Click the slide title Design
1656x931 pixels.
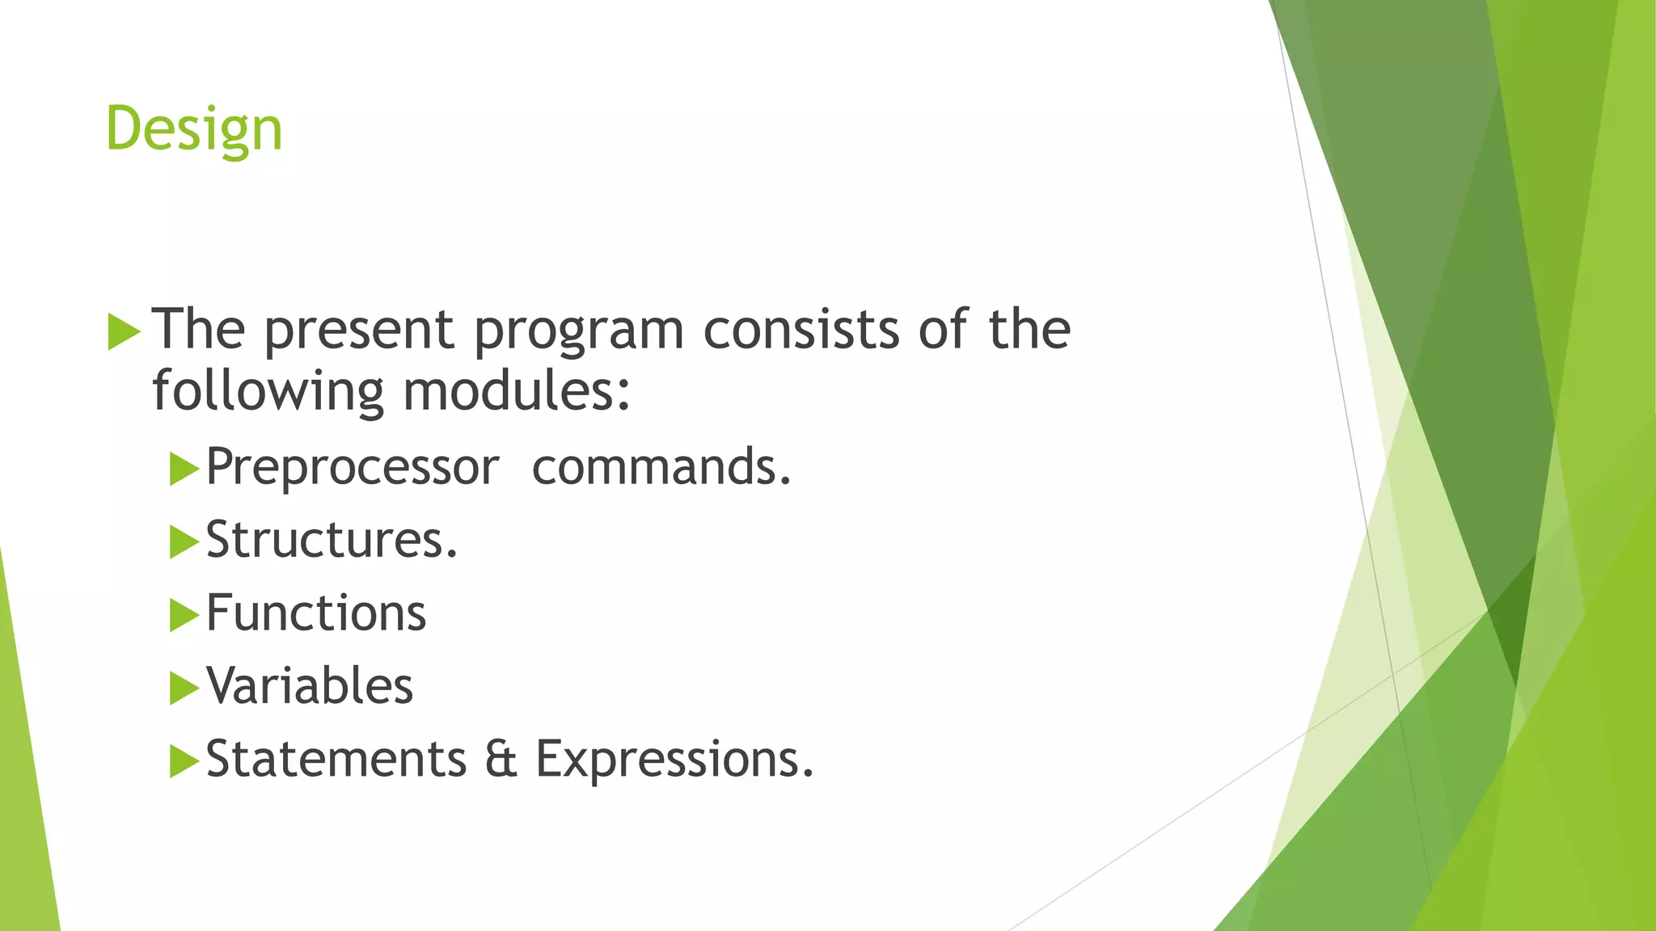coord(194,129)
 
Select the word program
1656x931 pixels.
coord(579,330)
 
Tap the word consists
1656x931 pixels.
coord(801,330)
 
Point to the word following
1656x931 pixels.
coord(268,391)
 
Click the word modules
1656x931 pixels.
coord(515,391)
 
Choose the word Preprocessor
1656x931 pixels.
coord(353,467)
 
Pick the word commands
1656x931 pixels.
coord(661,467)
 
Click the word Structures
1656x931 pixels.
coord(332,540)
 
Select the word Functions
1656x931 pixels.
coord(316,613)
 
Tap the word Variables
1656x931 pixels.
coord(310,686)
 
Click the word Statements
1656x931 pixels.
coord(336,760)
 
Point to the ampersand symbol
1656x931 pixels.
coord(501,760)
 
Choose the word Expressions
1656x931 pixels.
coord(674,760)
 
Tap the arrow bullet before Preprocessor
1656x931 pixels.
coord(184,469)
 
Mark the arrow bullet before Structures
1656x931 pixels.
coord(184,542)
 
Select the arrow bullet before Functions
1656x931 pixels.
coord(184,615)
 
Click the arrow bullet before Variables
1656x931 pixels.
coord(184,689)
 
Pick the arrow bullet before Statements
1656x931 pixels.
coord(184,761)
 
